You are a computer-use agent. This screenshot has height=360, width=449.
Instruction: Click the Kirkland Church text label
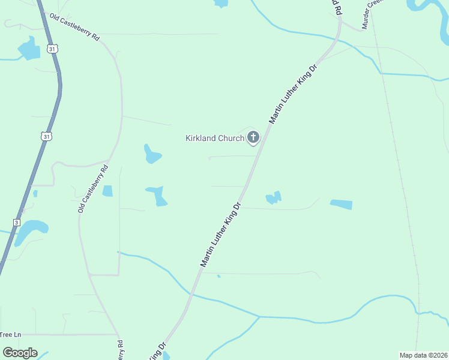(214, 138)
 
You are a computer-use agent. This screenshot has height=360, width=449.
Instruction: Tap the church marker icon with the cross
(253, 137)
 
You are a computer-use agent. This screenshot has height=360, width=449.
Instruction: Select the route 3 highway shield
(17, 222)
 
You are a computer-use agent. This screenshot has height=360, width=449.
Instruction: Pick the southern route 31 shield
(46, 137)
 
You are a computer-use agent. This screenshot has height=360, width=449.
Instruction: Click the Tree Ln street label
(10, 334)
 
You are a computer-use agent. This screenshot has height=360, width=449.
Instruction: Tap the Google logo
(20, 353)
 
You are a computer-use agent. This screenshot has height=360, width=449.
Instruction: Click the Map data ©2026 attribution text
(423, 355)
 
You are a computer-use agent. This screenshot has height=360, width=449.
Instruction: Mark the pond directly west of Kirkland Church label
(152, 154)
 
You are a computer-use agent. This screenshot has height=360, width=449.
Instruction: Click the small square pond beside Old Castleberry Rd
(107, 191)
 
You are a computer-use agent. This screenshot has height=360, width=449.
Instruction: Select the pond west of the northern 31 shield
(29, 49)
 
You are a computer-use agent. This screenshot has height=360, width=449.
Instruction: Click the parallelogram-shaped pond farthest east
(341, 205)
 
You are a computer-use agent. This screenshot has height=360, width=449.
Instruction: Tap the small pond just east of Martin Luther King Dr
(274, 197)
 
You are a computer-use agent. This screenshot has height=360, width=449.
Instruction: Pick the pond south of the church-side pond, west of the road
(158, 195)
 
